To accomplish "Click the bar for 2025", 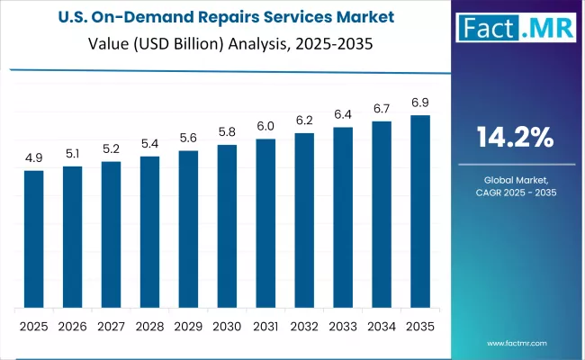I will (33, 238).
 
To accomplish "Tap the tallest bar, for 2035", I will (420, 211).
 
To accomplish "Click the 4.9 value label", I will (33, 158).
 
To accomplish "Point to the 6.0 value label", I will (265, 127).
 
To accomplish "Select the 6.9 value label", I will (420, 103).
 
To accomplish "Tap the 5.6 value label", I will (188, 139).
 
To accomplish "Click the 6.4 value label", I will (343, 115).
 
